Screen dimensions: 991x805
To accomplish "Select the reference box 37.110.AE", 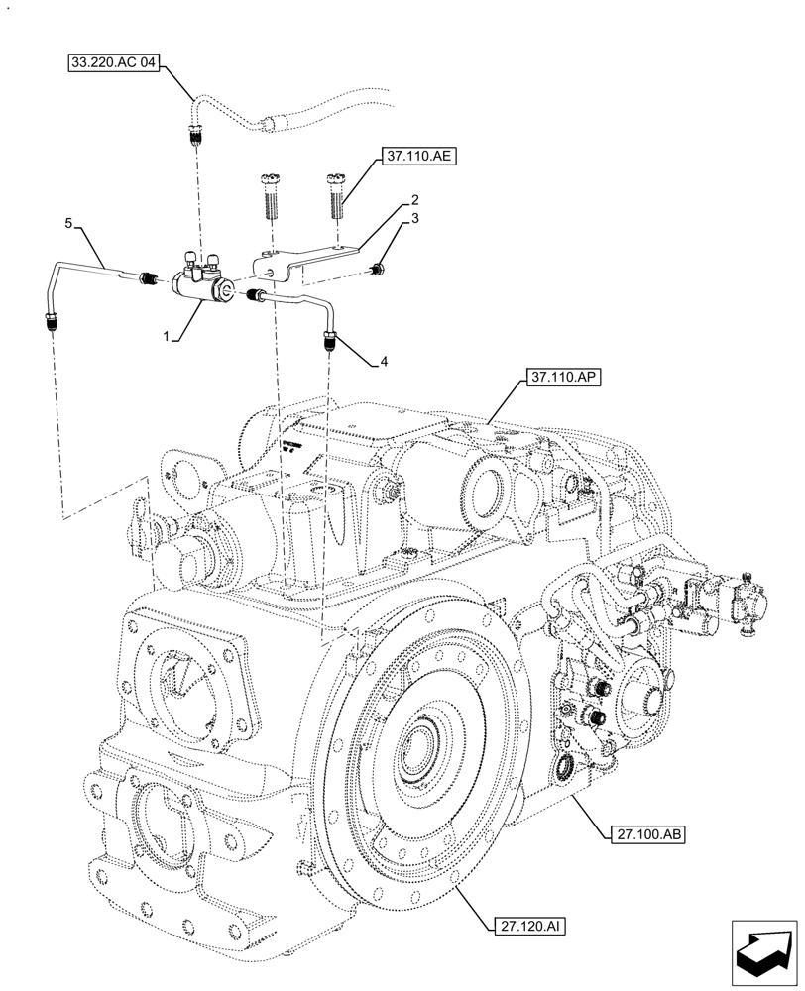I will click(415, 156).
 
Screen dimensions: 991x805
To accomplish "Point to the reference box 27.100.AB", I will click(643, 834).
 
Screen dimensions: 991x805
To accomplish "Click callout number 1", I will click(171, 338).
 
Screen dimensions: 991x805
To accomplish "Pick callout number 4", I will click(383, 363).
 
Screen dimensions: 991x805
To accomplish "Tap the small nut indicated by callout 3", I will click(379, 269).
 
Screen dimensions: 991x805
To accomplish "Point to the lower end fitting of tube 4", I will click(328, 344).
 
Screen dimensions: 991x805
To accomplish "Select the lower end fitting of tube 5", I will click(49, 321).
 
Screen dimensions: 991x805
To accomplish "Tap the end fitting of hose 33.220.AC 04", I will click(194, 135).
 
